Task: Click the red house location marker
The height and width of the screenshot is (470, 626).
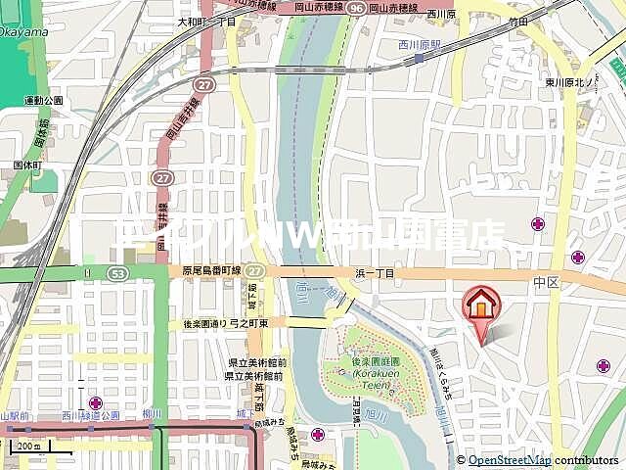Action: click(480, 305)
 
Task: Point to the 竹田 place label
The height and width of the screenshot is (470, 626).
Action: click(518, 21)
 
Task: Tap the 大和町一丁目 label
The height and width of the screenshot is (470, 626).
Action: click(207, 21)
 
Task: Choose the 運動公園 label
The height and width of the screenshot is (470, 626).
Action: click(44, 100)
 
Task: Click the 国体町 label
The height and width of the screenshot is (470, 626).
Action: click(26, 165)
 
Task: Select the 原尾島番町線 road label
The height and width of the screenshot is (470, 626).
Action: click(211, 270)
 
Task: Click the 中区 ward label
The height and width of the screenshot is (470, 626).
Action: click(545, 281)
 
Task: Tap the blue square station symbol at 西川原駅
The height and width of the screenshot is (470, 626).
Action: click(419, 58)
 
